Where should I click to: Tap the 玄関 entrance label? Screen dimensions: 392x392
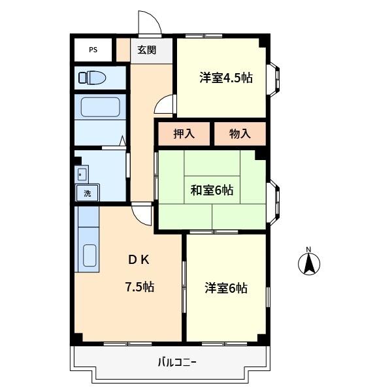146,50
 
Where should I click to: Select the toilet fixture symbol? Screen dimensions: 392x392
92,78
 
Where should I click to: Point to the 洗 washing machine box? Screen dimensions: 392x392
87,193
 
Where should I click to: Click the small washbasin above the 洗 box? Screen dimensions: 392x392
82,174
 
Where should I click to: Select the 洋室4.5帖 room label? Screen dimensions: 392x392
226,77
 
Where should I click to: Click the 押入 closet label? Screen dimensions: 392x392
184,134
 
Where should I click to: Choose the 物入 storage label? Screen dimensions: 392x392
240,134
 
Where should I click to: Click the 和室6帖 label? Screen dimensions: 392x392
212,190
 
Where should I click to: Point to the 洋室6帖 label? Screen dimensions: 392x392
226,287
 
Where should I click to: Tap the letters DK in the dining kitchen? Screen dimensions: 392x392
139,259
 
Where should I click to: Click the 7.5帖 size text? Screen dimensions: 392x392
139,286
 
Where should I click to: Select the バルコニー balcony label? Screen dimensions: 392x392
176,361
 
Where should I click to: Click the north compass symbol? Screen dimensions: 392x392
309,263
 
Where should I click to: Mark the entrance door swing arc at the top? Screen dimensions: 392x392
150,22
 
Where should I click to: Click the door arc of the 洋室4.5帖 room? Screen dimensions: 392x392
166,105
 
